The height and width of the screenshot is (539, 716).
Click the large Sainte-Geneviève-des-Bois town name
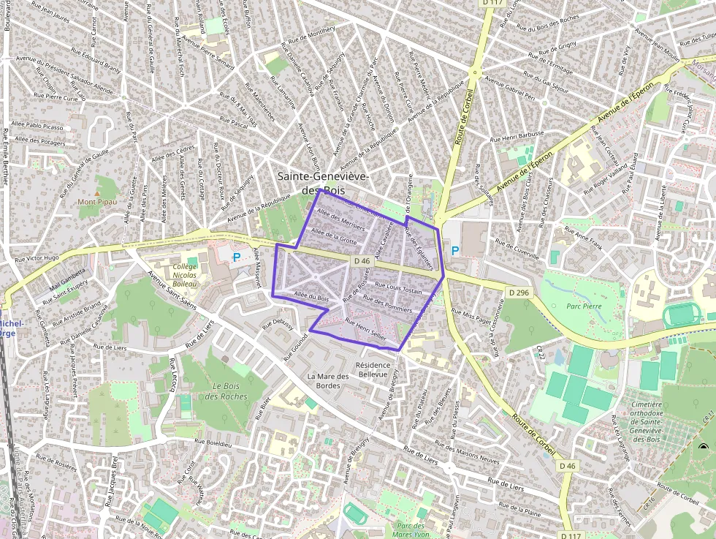point(322,183)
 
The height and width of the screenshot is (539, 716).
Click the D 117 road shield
point(492,3)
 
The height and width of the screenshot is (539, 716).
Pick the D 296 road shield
point(518,293)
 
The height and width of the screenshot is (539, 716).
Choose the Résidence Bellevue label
point(372,369)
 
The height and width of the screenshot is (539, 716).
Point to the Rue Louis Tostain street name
point(398,287)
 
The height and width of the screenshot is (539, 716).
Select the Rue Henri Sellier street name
point(365,331)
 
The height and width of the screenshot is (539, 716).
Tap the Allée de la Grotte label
point(334,235)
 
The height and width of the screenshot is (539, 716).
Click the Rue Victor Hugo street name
point(37,258)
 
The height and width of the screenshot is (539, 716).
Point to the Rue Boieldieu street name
point(213,442)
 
